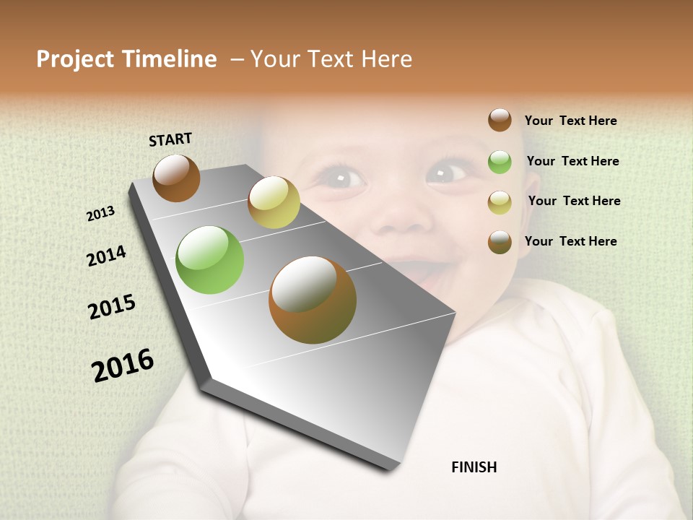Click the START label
[x=170, y=139]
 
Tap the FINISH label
[x=474, y=467]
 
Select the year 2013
[x=100, y=214]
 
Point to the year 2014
[x=106, y=256]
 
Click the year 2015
[x=112, y=307]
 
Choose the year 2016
[x=123, y=365]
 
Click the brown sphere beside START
[x=176, y=178]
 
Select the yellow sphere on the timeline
[x=274, y=202]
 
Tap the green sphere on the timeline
[x=209, y=260]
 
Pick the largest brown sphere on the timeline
[x=313, y=300]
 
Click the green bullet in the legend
[x=500, y=162]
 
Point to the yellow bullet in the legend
[x=500, y=201]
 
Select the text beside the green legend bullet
[x=572, y=161]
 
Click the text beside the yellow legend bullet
[x=574, y=201]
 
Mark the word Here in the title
[x=387, y=59]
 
